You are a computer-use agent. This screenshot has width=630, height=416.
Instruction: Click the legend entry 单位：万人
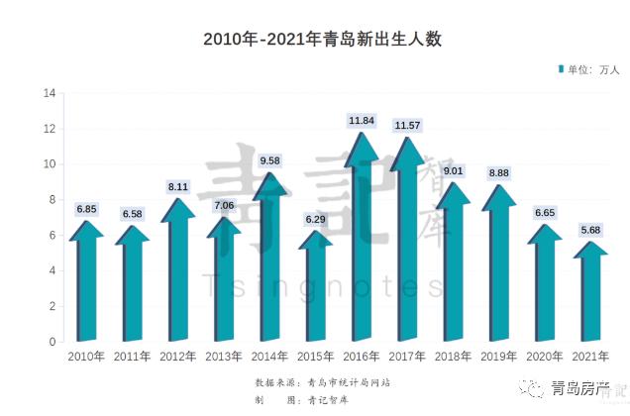[x=591, y=69]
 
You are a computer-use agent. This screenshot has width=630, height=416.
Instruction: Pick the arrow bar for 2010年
[x=86, y=287]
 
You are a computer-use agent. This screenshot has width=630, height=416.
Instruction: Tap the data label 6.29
[x=314, y=220]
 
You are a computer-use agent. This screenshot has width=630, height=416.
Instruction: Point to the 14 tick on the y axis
[x=48, y=93]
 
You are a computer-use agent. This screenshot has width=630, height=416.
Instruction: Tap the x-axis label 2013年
[x=224, y=357]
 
